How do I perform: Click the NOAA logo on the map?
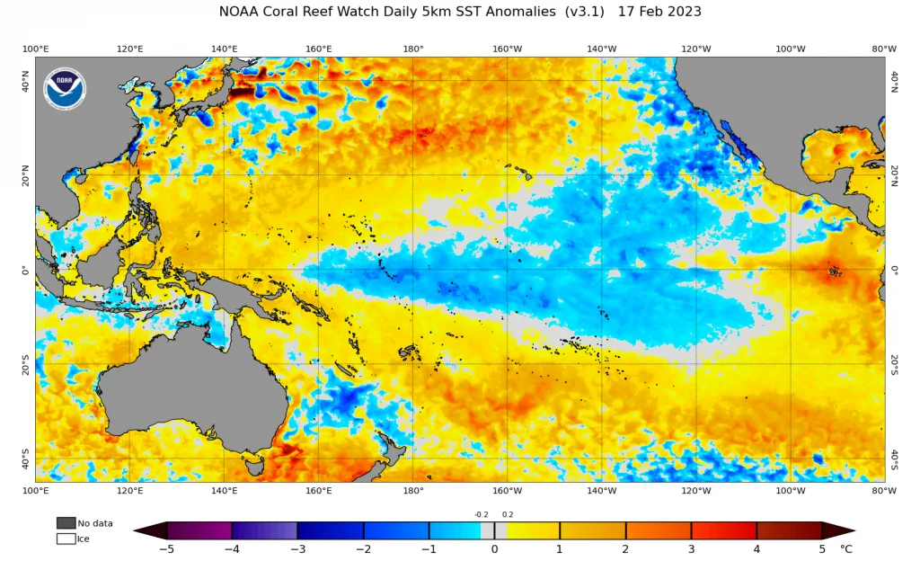pos(65,89)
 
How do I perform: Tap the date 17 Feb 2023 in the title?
pos(659,12)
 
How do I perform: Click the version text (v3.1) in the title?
pos(584,12)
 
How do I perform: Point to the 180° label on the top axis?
pos(413,49)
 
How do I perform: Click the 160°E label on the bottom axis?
pos(319,491)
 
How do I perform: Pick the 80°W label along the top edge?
pos(884,49)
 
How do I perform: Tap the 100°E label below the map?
pos(36,491)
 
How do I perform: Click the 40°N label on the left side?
pos(25,82)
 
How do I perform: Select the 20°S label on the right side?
pos(894,365)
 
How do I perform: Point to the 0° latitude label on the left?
pos(25,271)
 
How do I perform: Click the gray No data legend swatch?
pos(66,523)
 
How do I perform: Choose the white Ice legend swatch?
pos(66,539)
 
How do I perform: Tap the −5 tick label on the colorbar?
pos(167,549)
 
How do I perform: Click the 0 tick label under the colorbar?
pos(495,549)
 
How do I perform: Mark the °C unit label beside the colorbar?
pos(845,549)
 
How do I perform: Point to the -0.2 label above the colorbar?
pos(482,514)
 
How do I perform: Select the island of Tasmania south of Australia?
pos(254,467)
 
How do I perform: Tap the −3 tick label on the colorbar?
pos(298,549)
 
